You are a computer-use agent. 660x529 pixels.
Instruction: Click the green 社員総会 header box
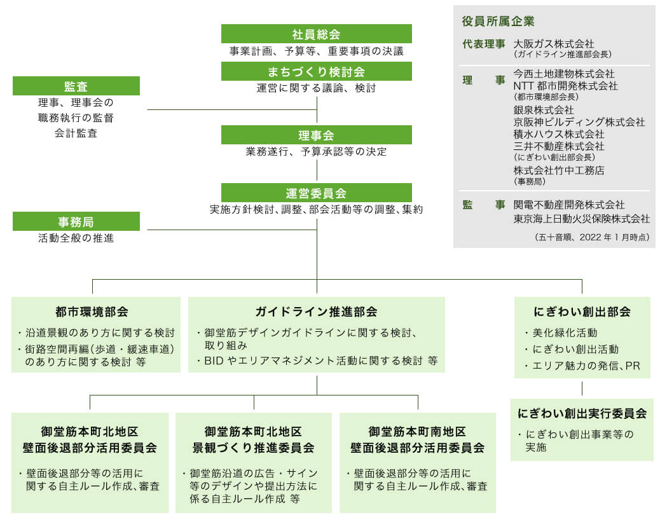(x=316, y=34)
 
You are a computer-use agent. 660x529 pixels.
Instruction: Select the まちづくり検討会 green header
(x=316, y=72)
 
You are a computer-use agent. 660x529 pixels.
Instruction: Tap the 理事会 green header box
(x=316, y=135)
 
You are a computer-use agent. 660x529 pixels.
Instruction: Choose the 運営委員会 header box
(x=316, y=193)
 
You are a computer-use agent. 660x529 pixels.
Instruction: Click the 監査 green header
(x=76, y=86)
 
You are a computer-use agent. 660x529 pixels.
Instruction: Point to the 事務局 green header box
(x=76, y=221)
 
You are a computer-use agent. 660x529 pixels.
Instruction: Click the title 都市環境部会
(x=92, y=312)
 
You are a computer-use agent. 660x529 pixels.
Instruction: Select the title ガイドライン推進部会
(x=316, y=312)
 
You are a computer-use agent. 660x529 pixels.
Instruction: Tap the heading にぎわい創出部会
(x=582, y=312)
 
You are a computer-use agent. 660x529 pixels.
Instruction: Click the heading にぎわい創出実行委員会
(x=582, y=414)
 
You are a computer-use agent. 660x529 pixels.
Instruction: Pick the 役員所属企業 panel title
(x=498, y=21)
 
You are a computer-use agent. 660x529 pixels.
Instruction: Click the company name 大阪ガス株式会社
(x=554, y=44)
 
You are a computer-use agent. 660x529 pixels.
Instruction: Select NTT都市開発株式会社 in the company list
(x=565, y=86)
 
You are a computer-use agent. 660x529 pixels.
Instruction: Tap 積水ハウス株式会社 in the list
(x=558, y=134)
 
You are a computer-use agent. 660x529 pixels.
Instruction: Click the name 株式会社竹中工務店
(x=558, y=170)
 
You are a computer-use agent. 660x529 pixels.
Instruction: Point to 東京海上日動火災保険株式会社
(x=581, y=219)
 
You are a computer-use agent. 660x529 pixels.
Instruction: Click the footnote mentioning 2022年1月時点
(x=592, y=237)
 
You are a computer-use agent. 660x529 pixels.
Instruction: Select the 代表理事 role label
(x=484, y=44)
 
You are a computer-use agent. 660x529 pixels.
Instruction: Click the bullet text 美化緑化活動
(x=565, y=333)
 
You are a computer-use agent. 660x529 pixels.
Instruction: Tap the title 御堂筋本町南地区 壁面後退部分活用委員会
(x=418, y=440)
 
